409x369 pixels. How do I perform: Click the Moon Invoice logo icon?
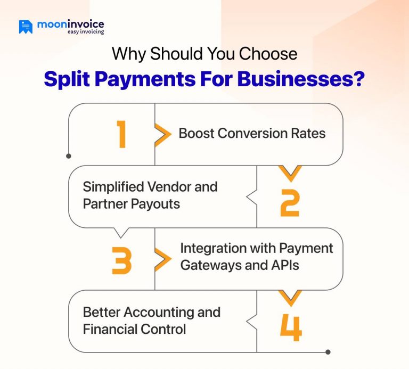pos(26,27)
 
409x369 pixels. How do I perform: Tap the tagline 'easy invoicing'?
pos(86,32)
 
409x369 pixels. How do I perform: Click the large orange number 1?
pos(122,134)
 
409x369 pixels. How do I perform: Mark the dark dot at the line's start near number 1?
pos(69,156)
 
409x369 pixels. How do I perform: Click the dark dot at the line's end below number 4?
pos(328,352)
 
